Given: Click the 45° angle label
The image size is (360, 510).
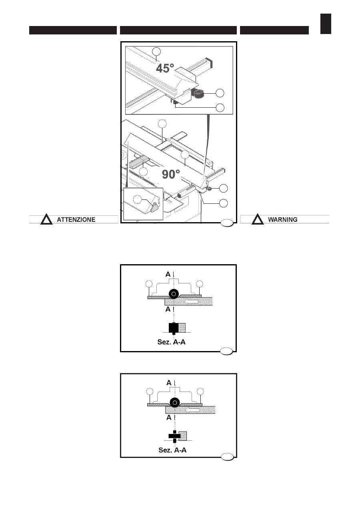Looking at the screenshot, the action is (165, 68).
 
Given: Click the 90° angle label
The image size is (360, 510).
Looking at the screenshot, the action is (171, 175).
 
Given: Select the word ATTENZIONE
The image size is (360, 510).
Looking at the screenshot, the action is (76, 219).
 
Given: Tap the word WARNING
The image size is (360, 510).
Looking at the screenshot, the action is (283, 219).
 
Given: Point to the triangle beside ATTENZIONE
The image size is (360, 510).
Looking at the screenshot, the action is (46, 219).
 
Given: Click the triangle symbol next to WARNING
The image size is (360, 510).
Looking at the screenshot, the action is (258, 219).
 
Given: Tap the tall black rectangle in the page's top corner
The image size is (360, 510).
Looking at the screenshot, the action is (326, 24).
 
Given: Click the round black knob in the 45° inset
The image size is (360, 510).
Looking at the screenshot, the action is (199, 93).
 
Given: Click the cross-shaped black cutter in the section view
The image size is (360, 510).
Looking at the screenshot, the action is (174, 436).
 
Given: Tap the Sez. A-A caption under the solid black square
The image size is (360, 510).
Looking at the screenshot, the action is (171, 342).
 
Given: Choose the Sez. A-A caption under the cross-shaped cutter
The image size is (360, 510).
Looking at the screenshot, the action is (172, 450).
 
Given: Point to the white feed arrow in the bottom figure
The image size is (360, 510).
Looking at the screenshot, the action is (193, 410).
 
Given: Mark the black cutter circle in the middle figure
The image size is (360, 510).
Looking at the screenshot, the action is (174, 294).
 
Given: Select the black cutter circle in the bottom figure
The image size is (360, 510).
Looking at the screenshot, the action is (175, 403).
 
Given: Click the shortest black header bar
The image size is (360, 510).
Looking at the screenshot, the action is (274, 30).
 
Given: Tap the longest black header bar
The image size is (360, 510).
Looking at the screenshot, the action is (178, 30).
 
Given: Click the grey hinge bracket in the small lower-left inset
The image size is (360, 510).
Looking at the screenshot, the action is (155, 207).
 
